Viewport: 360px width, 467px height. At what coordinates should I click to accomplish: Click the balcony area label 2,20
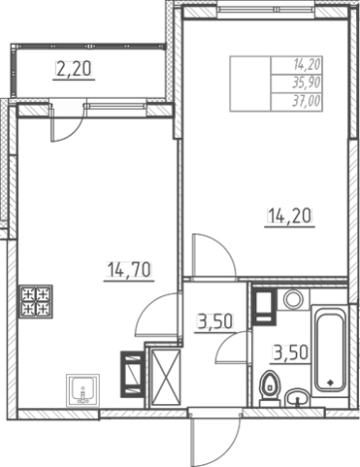click(74, 70)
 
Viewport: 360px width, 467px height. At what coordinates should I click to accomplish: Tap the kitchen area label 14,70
click(129, 269)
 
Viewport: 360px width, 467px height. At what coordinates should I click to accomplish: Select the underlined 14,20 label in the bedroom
click(289, 216)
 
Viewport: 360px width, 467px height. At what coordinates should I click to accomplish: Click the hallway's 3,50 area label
click(215, 321)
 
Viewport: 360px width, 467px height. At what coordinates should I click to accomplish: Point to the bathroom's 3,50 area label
click(291, 353)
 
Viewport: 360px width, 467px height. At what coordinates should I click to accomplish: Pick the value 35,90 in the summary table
click(306, 83)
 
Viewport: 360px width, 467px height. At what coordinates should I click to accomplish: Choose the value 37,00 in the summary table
click(306, 101)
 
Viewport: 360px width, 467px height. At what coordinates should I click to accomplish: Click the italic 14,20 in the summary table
click(306, 65)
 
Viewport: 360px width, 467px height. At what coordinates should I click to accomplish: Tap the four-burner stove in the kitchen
click(36, 301)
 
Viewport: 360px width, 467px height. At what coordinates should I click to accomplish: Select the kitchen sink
click(83, 390)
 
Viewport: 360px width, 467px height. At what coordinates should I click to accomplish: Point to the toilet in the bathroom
click(270, 388)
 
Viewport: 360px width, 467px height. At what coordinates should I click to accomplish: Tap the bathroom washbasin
click(297, 398)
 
